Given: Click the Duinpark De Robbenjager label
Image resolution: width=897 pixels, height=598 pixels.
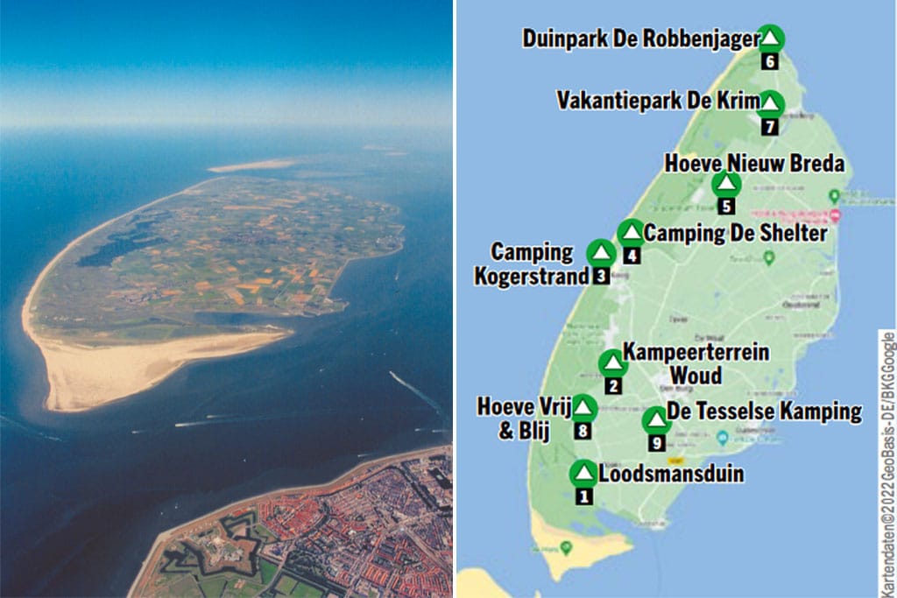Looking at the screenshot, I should coord(641,39).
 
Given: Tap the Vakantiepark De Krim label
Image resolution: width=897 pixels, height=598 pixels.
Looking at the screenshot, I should coord(658,100).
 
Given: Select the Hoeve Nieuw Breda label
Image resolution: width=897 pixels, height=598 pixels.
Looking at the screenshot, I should coord(754,164).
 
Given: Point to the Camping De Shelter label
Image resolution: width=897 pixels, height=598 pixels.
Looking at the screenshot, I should coord(735,234).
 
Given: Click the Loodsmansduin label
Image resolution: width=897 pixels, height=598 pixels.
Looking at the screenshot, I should coord(671,475).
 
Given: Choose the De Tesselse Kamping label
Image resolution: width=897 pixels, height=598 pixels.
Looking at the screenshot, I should coord(764,412).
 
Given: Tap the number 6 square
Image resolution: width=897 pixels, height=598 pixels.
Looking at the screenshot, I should coord(769,61).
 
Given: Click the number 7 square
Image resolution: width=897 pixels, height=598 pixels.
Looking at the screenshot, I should coord(769,126).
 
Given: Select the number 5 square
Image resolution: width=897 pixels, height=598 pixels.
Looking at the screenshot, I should coord(726,207).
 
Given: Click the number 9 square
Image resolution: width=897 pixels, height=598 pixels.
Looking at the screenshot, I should coord(656,443).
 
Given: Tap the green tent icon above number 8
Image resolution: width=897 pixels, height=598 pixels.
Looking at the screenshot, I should coord(583,408).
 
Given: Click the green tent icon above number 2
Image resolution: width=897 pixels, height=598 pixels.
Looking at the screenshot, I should coord(611,362).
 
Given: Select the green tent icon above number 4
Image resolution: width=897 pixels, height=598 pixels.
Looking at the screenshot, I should coord(630,233).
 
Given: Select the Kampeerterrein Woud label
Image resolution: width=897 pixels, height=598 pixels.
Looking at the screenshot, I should coord(696,363).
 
